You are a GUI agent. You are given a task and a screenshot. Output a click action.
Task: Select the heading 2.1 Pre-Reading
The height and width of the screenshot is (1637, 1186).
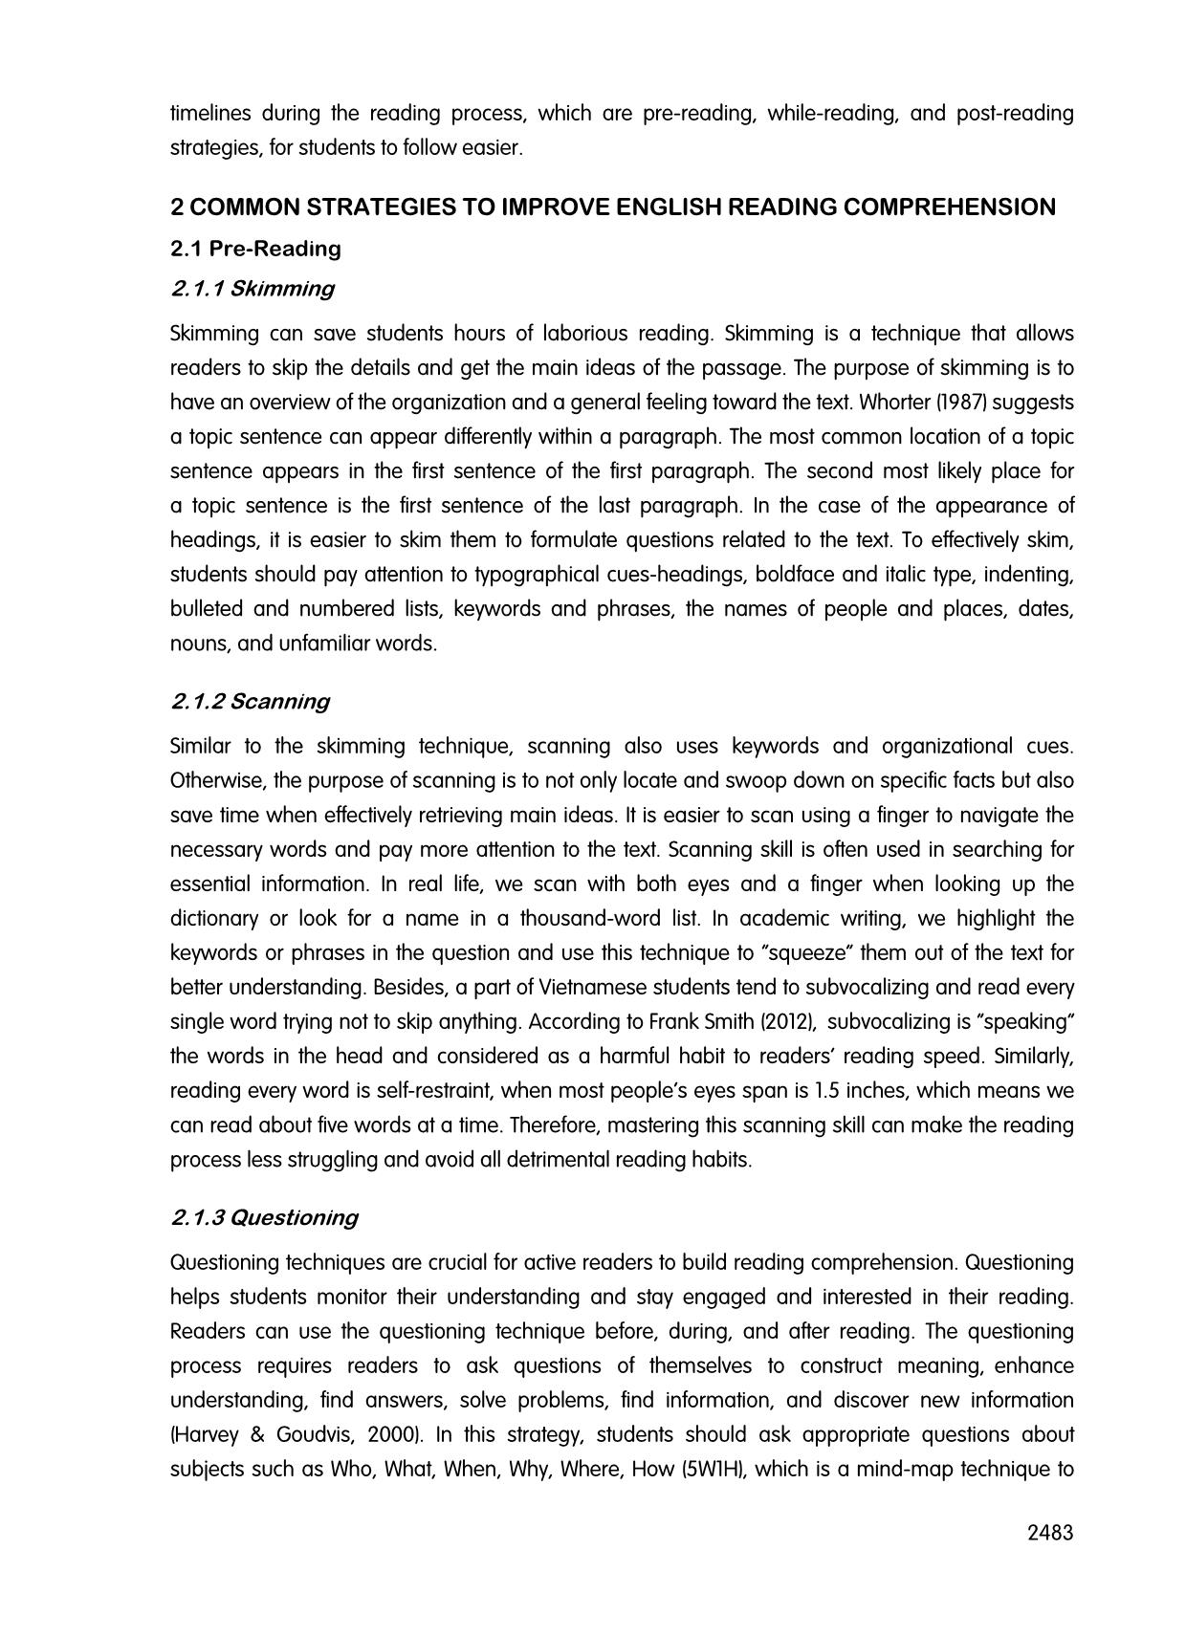255,249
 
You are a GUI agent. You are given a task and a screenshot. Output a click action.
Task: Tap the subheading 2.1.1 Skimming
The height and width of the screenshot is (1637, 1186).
253,289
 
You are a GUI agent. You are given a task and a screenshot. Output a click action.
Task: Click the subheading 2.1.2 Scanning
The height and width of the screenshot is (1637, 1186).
250,702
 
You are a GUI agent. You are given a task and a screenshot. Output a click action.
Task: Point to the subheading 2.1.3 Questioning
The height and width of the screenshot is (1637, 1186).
264,1218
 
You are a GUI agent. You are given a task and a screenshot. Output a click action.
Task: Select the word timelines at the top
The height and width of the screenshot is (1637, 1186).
210,114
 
